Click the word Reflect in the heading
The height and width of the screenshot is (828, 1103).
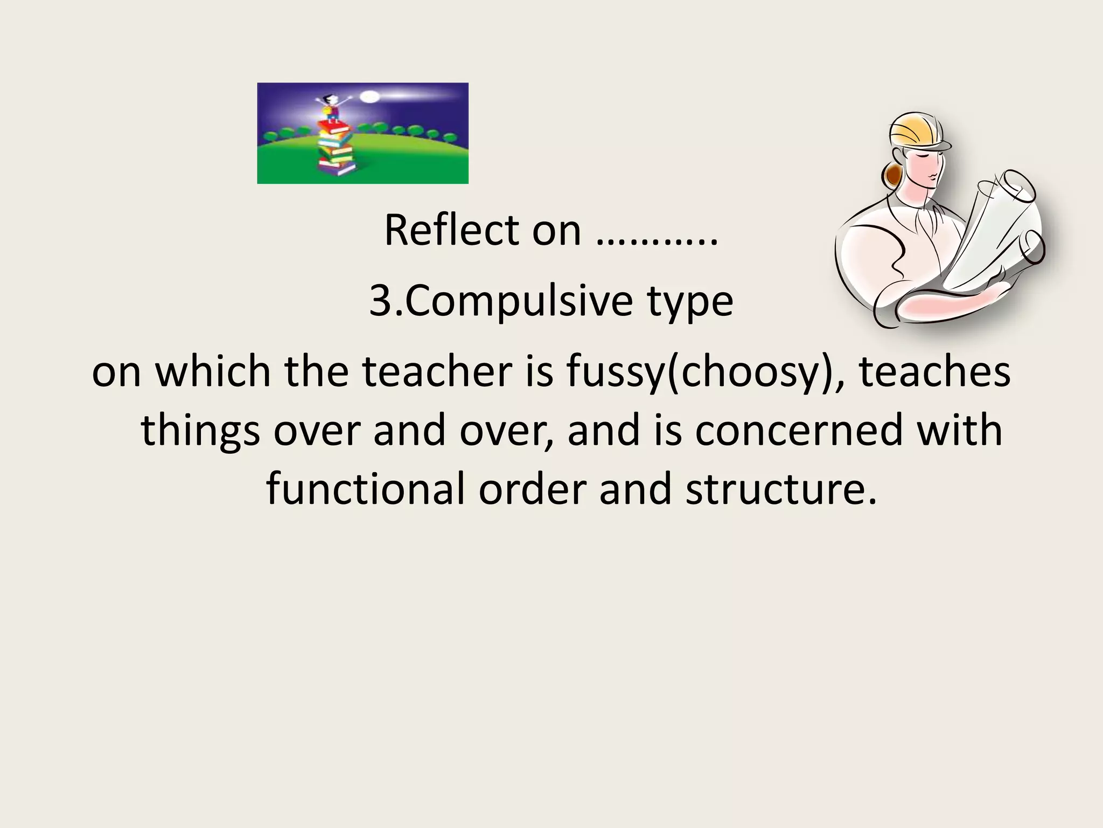(x=451, y=231)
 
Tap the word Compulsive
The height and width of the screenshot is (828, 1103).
(x=519, y=301)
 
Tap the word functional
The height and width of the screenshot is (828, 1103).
(x=365, y=489)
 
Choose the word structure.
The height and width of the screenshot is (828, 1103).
(x=781, y=489)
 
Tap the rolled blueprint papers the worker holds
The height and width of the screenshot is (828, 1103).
(x=996, y=226)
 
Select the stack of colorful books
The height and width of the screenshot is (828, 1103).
(x=335, y=148)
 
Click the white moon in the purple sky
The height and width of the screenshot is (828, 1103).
(x=369, y=97)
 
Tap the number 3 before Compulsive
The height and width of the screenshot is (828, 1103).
(x=380, y=301)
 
